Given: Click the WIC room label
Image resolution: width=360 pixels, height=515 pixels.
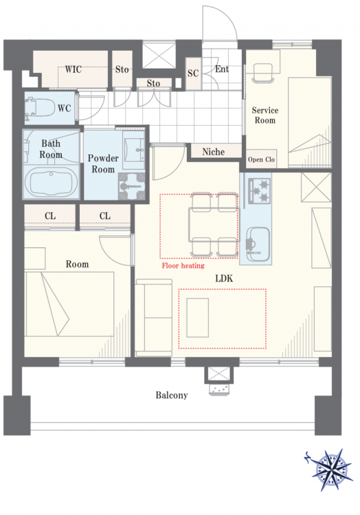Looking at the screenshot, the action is point(73,69).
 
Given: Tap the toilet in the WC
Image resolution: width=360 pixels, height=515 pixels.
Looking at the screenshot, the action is point(40,108).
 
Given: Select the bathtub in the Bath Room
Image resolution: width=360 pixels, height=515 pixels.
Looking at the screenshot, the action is point(52,183).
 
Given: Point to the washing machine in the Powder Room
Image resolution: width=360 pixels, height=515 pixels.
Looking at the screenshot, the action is point(132,186).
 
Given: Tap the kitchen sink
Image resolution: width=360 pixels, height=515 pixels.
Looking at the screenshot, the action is point(258,244).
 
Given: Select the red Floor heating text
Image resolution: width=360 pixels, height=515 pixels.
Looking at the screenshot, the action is point(183,265).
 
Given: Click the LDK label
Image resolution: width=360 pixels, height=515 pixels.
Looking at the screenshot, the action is point(224,279).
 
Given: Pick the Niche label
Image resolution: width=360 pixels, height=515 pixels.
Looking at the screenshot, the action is point(214,152).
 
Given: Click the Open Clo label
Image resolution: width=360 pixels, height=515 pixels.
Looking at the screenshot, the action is point(261,159).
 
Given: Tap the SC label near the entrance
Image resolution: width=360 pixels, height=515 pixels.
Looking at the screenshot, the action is point(193,73).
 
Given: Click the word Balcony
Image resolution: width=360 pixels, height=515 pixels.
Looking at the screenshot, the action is point(172,395).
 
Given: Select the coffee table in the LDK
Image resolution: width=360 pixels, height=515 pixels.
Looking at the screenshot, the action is point(198,318).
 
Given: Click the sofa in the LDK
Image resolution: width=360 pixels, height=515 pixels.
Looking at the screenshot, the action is point(154,318).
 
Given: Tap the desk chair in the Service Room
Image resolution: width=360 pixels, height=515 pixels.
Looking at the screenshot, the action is point(262,73).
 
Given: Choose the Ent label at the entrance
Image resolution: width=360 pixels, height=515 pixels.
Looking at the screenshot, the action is point(222,69).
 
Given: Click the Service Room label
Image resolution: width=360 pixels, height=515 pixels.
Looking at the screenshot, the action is point(265,115).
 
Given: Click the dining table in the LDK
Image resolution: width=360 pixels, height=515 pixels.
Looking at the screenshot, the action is point(212,225).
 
